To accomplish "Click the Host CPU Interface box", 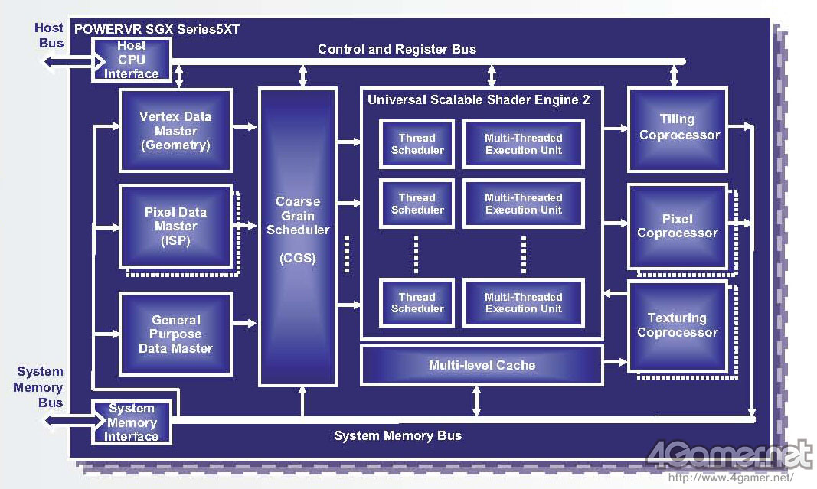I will coord(132,60).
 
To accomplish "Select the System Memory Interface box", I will coord(132,422).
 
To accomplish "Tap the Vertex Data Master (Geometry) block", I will coord(175,131).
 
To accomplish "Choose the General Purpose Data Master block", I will coord(175,334).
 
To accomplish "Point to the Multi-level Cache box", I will coord(482,365).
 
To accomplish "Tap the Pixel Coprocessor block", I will coord(677,226).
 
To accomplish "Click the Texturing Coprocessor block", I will coord(677,326).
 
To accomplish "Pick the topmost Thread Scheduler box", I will coord(417,144).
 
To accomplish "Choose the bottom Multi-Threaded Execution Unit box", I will coord(523,303).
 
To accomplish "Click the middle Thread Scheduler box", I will coord(417,204).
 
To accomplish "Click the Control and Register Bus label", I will coord(397,50).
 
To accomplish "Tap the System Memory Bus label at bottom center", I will coord(397,435).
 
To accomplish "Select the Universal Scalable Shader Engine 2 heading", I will coord(479,99).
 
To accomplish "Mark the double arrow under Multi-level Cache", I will coord(477,401).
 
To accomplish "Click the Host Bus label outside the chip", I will coord(50,36).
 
